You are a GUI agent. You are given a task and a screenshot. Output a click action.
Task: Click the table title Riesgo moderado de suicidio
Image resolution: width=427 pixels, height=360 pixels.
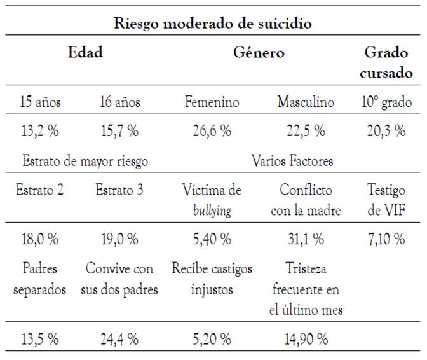[x=213, y=24]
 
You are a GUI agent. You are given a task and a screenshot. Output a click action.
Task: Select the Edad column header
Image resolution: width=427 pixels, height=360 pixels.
[x=85, y=52]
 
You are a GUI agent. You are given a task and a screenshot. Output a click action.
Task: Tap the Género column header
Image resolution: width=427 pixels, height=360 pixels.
[x=258, y=52]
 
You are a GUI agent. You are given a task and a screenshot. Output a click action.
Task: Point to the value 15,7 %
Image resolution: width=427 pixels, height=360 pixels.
[x=119, y=132]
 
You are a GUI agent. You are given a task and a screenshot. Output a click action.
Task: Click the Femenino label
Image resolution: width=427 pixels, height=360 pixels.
[x=212, y=102]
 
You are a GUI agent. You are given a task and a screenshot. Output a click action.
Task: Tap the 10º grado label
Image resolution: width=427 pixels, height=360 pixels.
[x=386, y=102]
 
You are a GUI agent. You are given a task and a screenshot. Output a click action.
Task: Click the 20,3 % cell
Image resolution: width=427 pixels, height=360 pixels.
[x=386, y=132]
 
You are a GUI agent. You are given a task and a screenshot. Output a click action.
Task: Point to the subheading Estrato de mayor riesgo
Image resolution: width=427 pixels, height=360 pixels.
[x=85, y=161]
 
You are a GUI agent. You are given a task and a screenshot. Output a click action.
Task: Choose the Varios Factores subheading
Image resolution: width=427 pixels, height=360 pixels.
[x=292, y=161]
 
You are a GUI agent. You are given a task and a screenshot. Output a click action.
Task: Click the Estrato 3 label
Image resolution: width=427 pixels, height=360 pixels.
[x=119, y=190]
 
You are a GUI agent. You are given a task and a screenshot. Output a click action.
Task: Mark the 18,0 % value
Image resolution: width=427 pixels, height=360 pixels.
[x=39, y=239]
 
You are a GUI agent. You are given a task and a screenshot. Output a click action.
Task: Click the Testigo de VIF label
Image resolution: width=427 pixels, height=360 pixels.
[x=386, y=200]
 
